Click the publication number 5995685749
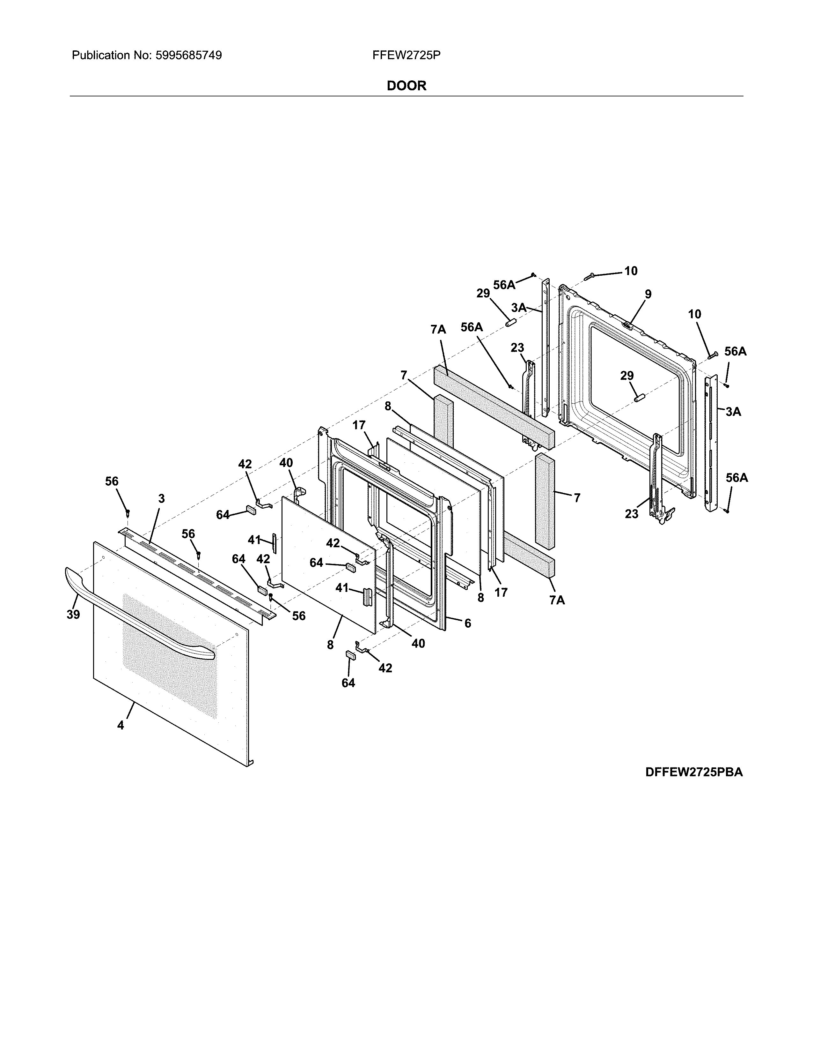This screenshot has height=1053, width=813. click(x=188, y=56)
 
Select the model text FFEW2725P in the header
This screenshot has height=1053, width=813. click(x=406, y=56)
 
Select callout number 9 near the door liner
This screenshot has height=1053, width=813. click(x=648, y=294)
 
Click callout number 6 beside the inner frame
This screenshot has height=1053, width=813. click(x=467, y=624)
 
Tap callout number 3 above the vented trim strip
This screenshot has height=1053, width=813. click(x=161, y=499)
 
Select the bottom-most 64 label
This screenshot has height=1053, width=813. click(x=348, y=683)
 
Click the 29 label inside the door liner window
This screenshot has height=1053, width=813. click(x=626, y=376)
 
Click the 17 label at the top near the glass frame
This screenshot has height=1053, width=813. click(x=359, y=425)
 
